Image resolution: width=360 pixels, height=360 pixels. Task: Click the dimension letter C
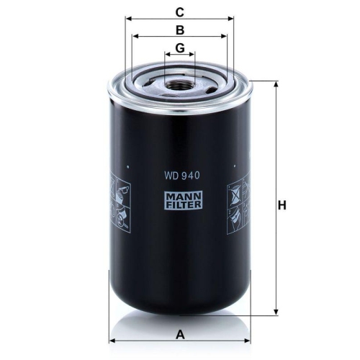point(181,12)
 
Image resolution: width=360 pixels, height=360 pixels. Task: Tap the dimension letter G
point(181,48)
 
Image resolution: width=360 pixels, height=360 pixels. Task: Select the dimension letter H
point(282,205)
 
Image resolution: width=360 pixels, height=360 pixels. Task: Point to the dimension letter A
point(181,333)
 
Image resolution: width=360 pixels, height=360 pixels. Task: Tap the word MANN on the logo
point(181,193)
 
